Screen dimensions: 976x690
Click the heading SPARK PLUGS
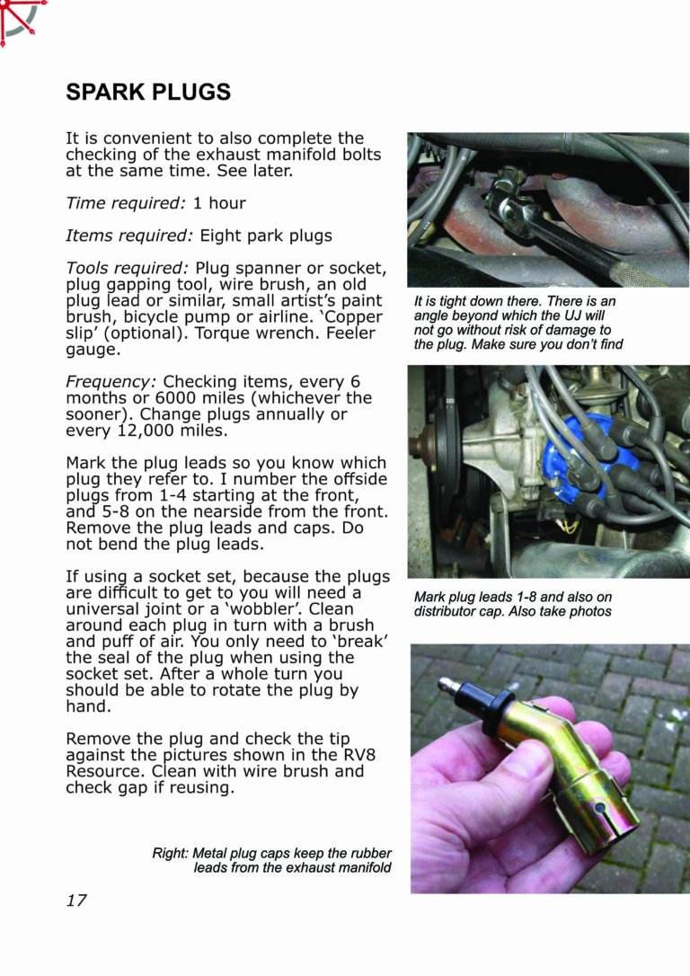click(x=148, y=93)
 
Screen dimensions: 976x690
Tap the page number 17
click(x=76, y=900)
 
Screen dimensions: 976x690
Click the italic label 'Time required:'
click(x=126, y=203)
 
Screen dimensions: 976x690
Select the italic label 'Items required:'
click(x=129, y=235)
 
